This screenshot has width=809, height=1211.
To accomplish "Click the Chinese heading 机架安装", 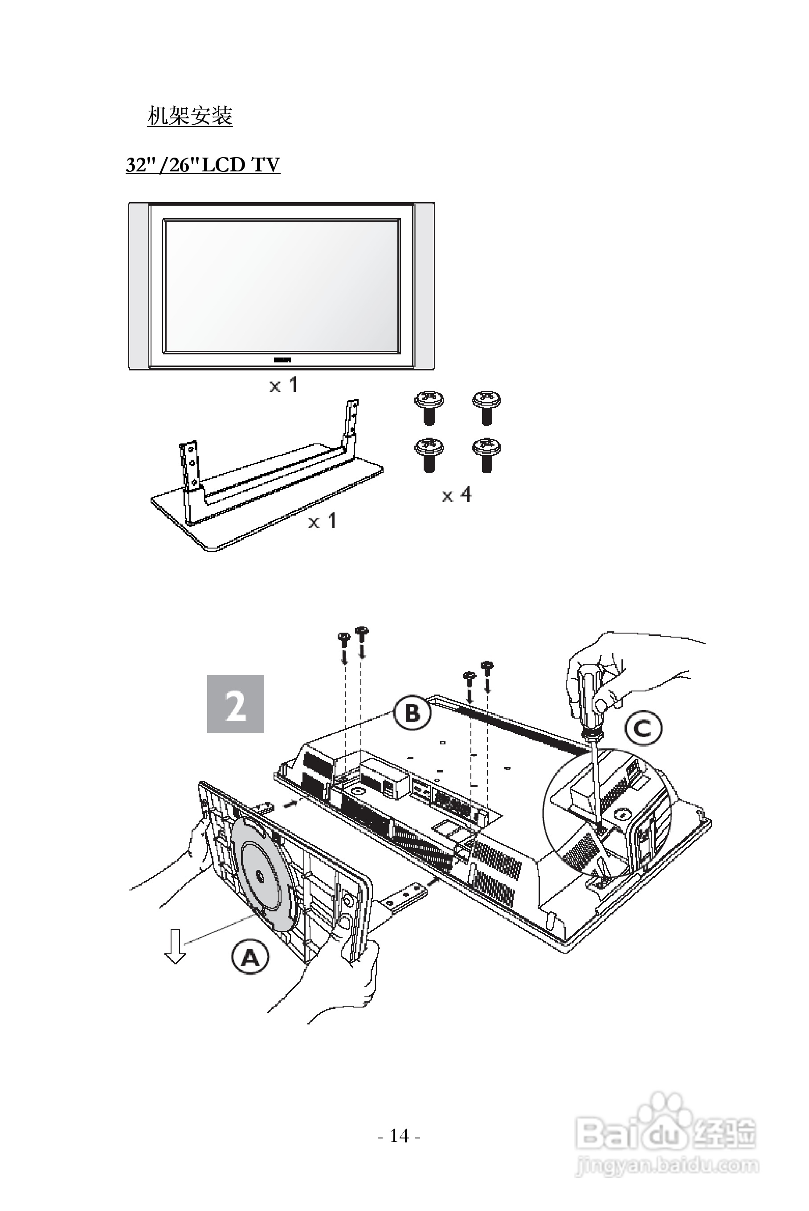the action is coord(190,116).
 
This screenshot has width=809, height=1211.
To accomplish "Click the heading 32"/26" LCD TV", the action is coord(203,165).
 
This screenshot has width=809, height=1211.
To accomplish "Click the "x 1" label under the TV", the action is coord(284,385).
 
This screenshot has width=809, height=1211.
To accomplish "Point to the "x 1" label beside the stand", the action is coord(322,521).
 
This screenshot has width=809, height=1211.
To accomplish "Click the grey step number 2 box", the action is coord(235,704).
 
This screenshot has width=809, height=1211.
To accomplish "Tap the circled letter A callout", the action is coord(250,957).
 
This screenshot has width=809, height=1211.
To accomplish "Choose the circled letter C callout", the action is coord(643,728).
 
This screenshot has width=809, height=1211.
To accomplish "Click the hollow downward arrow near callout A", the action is coord(175,947).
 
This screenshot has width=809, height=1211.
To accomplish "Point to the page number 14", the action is coord(399,1136).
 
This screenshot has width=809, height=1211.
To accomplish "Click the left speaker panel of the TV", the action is coord(139,286).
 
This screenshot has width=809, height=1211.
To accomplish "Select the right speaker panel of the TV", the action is coord(424,286).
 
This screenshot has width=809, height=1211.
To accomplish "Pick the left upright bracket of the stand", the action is coord(189,464).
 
